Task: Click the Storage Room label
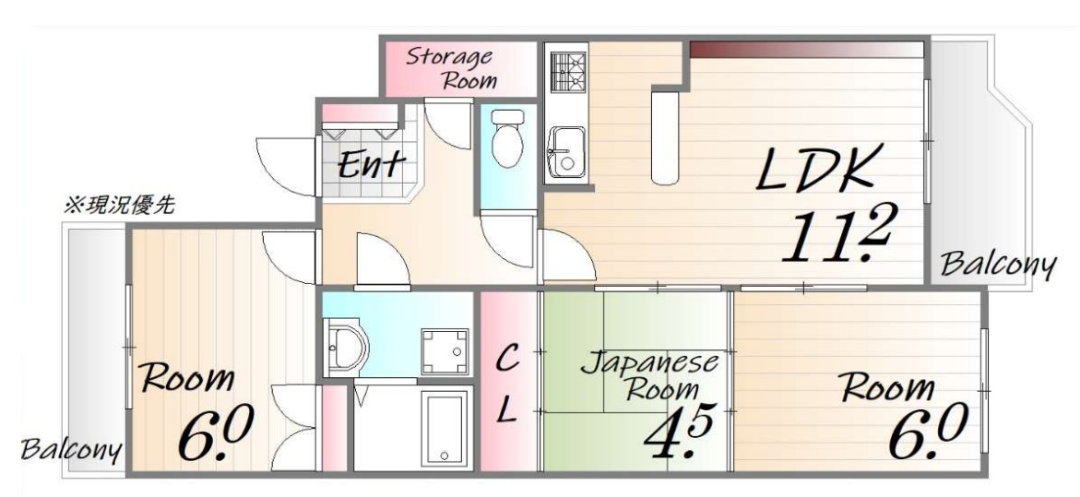point(457,68)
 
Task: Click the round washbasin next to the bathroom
point(349,349)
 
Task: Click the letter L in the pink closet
point(507,412)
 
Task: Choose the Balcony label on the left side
point(72,451)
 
